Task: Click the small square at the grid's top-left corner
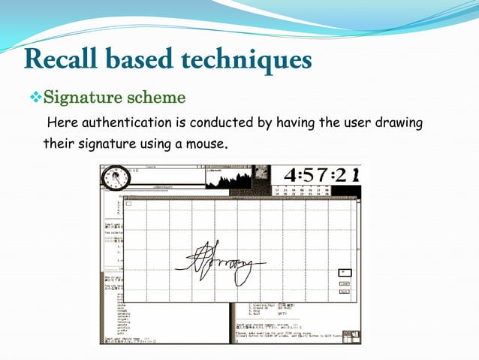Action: [x=128, y=203]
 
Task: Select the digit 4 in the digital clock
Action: [x=289, y=175]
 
